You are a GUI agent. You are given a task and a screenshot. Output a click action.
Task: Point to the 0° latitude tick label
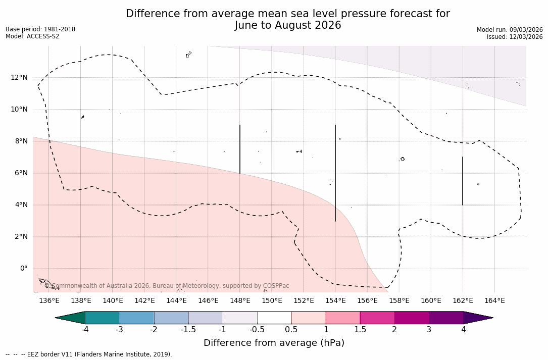[x=24, y=269]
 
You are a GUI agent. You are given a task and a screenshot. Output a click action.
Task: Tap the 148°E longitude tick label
[x=240, y=301]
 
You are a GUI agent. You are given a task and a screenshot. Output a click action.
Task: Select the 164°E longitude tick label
[x=494, y=301]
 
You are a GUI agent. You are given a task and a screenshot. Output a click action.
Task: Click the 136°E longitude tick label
[x=49, y=301]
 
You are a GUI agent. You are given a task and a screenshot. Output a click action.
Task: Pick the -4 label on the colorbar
[x=85, y=330]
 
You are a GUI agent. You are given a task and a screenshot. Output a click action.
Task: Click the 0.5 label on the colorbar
[x=291, y=330]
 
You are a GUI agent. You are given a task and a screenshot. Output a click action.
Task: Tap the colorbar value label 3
[x=429, y=330]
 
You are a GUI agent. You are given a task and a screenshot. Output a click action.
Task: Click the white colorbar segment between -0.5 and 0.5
[x=274, y=318]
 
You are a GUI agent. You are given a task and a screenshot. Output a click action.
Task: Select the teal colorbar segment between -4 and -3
[x=103, y=318]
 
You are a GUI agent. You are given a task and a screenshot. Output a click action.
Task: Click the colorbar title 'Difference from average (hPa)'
[x=274, y=343]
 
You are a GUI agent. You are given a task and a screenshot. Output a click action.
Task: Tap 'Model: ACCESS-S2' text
[x=32, y=36]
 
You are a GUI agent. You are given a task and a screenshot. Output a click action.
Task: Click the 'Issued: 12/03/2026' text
[x=515, y=37]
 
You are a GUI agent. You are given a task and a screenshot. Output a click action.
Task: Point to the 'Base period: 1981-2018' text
[x=40, y=29]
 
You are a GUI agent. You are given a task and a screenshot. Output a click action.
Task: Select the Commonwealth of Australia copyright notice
[x=167, y=286]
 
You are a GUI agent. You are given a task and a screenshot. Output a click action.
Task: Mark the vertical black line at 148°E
[x=240, y=149]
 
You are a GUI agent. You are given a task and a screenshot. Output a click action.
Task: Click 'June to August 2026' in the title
[x=288, y=25]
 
